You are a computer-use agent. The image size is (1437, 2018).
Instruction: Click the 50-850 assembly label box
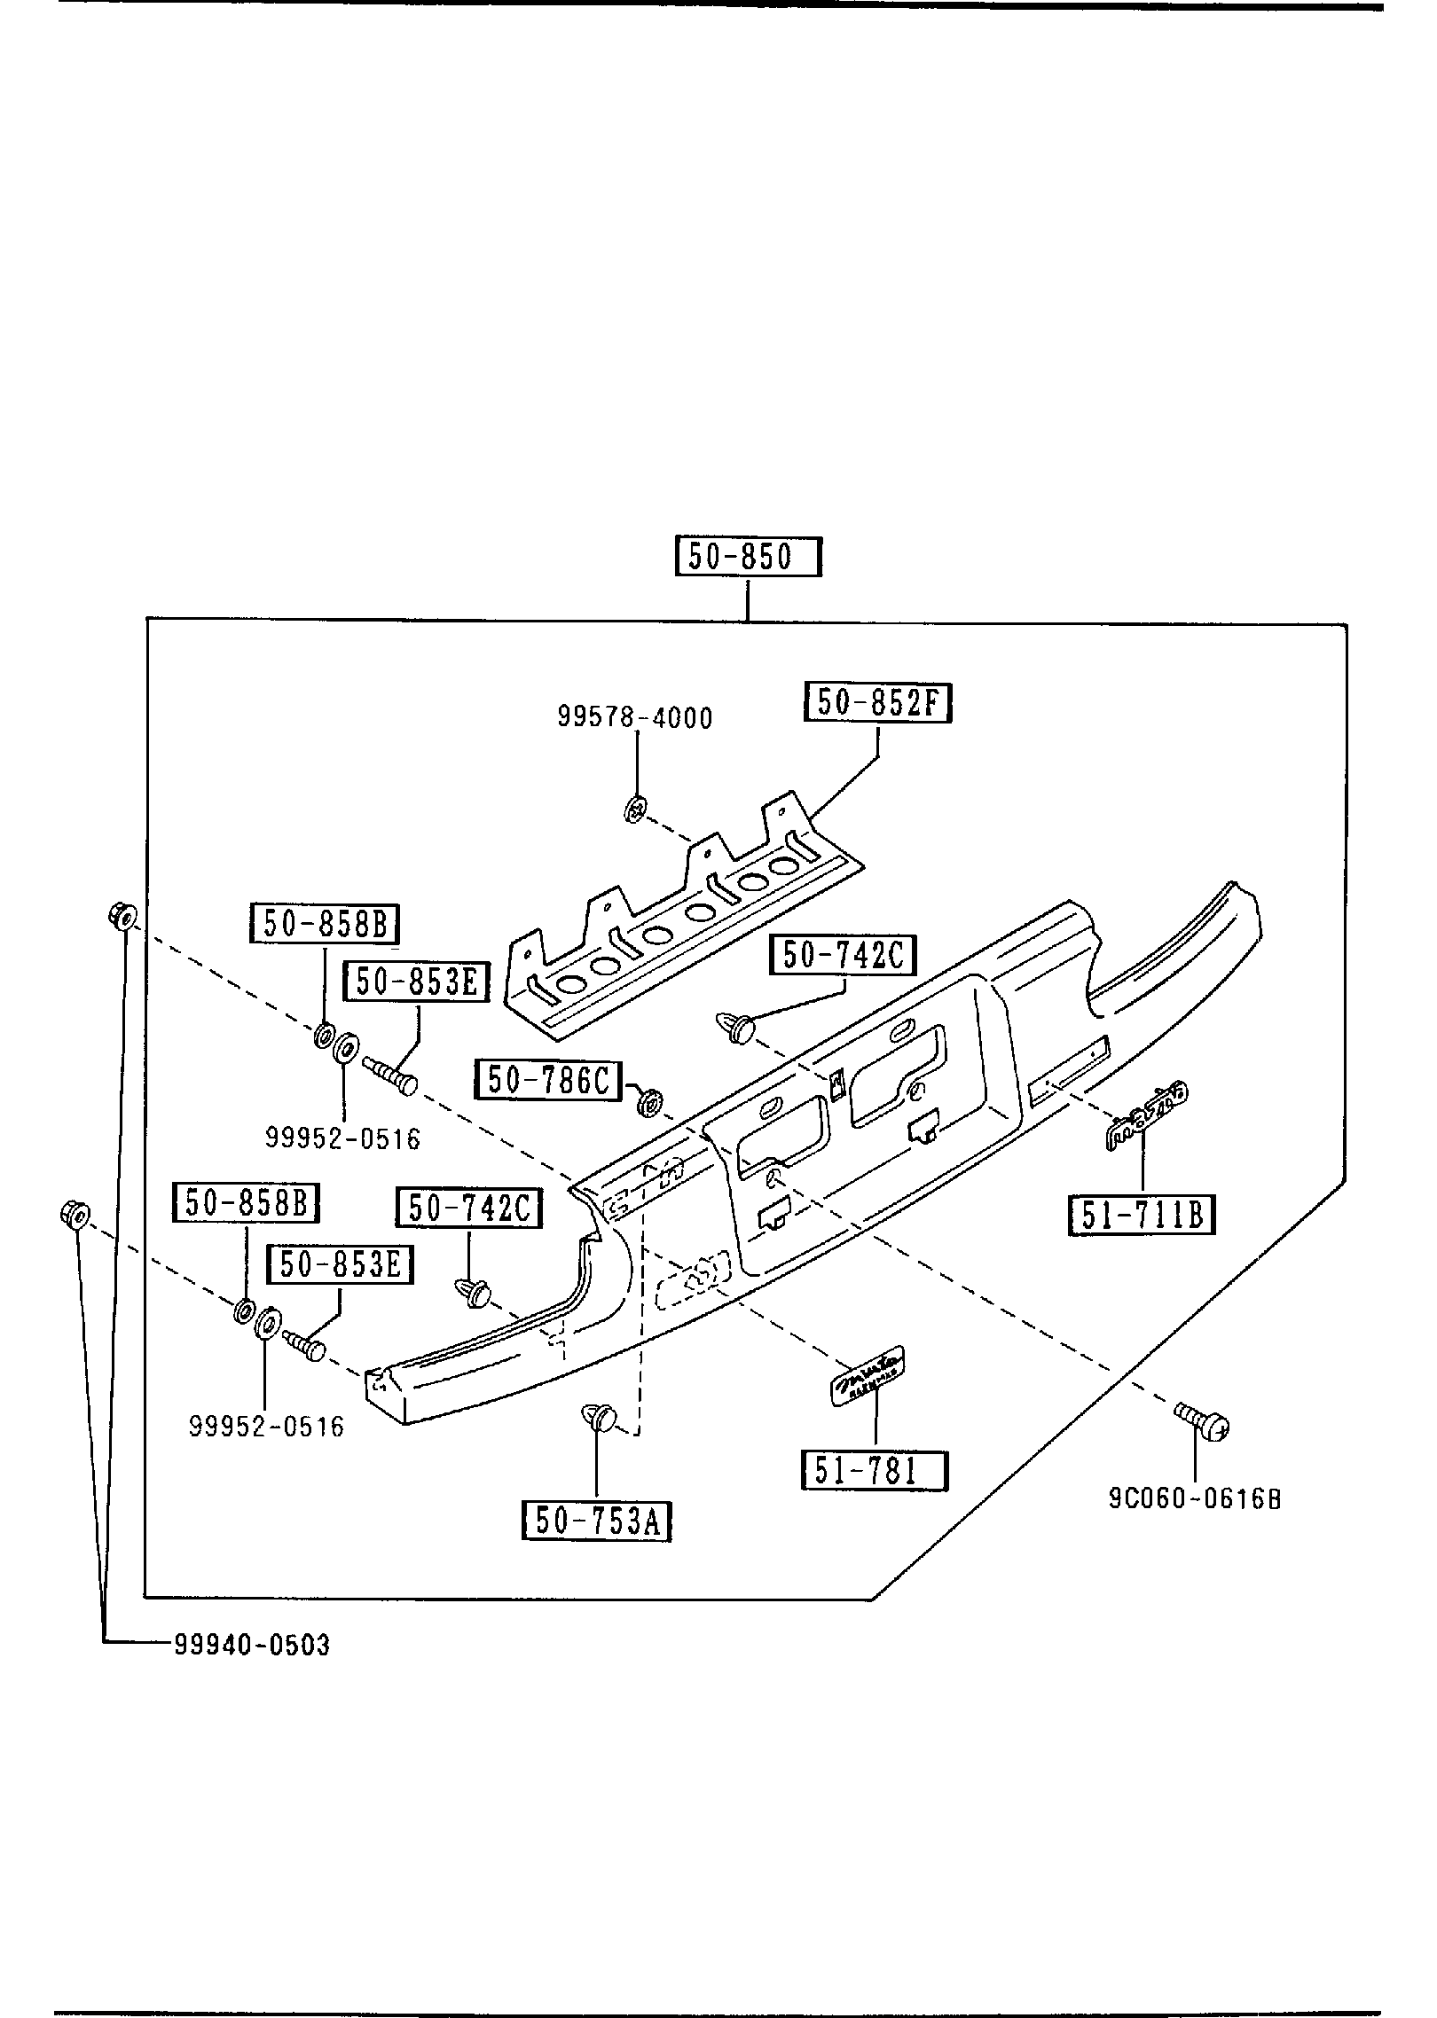(749, 557)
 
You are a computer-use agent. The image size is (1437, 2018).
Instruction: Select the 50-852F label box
(878, 703)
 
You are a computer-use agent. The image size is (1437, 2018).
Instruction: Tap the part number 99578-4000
(635, 717)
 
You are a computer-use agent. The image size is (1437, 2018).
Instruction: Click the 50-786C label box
(549, 1079)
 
